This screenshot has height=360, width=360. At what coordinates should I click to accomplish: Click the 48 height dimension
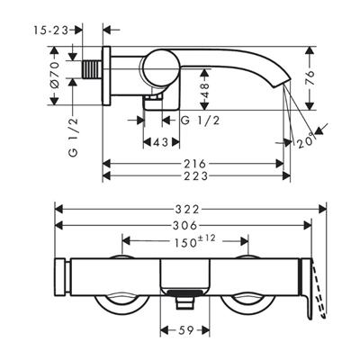(x=205, y=88)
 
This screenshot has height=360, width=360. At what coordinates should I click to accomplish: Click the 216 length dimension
(x=195, y=163)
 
